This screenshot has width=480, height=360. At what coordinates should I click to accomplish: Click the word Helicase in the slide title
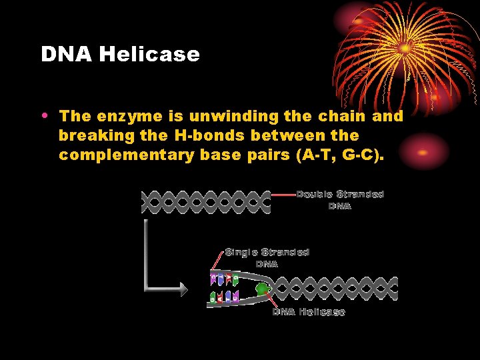point(149,54)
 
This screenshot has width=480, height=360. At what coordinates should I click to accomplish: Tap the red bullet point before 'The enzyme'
point(44,114)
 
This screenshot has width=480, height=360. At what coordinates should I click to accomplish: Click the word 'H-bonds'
point(200,135)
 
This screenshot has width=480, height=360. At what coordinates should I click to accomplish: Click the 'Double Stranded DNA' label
point(340,200)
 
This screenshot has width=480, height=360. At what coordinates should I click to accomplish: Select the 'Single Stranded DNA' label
point(267,257)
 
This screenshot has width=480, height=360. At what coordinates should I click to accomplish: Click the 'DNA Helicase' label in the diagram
point(308,312)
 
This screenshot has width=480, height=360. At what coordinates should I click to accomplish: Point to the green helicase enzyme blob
point(263,289)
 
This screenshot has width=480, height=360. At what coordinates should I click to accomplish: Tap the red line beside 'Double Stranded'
point(283,195)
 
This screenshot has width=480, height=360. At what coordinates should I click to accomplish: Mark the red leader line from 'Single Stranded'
point(219,260)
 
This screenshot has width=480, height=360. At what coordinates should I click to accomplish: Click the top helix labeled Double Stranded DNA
point(207,202)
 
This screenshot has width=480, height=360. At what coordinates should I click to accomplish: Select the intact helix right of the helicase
point(333,289)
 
